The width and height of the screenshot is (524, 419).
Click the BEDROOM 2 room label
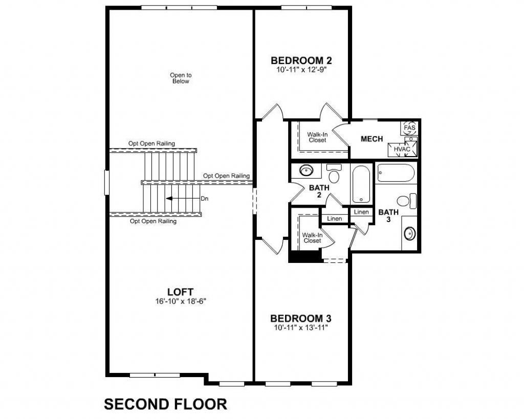pos(298,60)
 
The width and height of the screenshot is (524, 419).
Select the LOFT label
pos(180,293)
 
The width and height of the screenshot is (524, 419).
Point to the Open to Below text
pos(181,78)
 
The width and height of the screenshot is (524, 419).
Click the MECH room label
pos(372,139)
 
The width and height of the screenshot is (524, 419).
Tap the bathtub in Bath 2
pos(362,184)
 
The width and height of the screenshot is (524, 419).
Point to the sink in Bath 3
pos(410,233)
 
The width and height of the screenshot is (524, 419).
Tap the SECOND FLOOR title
pos(165,404)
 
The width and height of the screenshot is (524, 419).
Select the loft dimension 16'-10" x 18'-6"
pos(180,302)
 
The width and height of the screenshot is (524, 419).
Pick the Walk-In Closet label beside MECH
pos(317,138)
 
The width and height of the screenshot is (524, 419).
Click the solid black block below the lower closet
pos(305,256)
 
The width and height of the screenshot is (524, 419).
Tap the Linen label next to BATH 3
pos(361,212)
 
